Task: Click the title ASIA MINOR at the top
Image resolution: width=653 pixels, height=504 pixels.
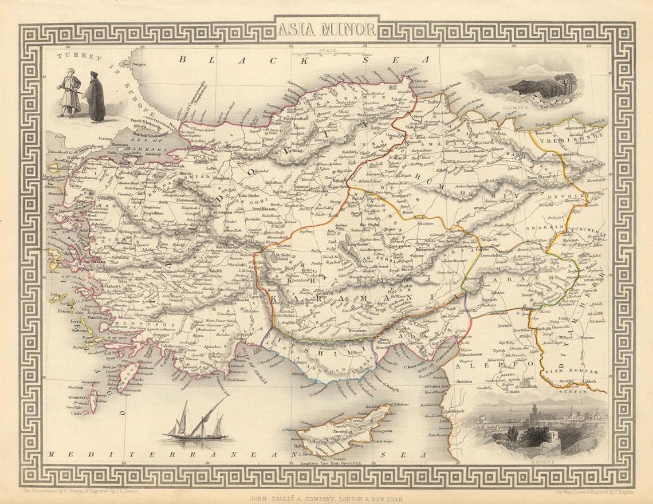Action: pyautogui.click(x=326, y=29)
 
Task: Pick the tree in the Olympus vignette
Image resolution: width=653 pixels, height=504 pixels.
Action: pyautogui.click(x=567, y=83)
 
